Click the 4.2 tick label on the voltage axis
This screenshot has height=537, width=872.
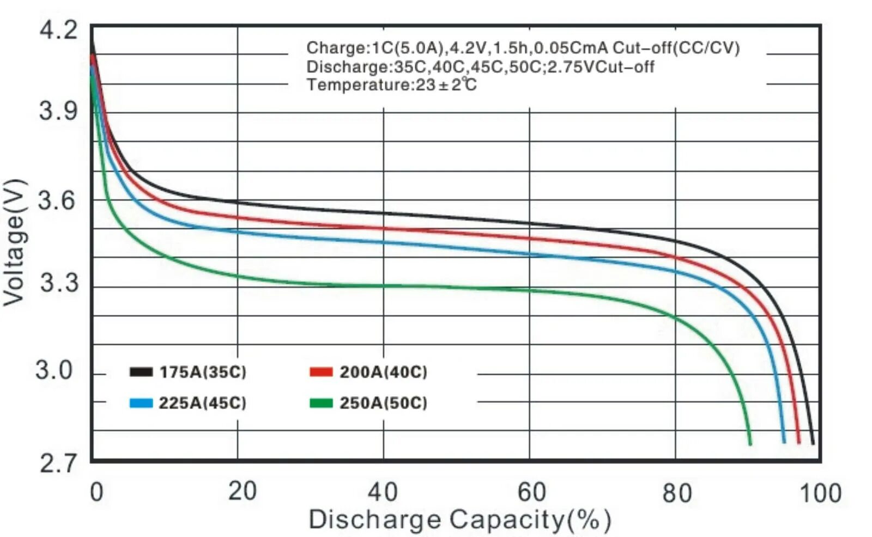[58, 30]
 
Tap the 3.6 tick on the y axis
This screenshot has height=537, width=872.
[57, 200]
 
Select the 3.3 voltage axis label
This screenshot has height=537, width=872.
[58, 283]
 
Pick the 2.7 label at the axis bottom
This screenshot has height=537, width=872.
[58, 464]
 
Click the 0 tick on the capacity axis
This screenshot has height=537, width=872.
[96, 492]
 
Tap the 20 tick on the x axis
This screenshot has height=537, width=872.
[242, 491]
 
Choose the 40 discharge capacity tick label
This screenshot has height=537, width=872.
[383, 492]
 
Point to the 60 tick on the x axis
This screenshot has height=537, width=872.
[531, 492]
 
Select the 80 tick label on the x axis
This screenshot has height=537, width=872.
[677, 493]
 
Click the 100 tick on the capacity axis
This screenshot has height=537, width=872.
[820, 493]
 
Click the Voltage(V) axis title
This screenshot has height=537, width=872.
[14, 242]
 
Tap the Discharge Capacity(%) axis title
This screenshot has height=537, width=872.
[459, 520]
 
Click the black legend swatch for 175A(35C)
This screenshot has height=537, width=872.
[141, 372]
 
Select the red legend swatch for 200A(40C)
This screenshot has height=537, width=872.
[320, 372]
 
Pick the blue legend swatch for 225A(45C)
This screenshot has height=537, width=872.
[141, 403]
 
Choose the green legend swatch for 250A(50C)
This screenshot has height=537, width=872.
[320, 403]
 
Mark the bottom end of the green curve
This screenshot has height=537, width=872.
[750, 443]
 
